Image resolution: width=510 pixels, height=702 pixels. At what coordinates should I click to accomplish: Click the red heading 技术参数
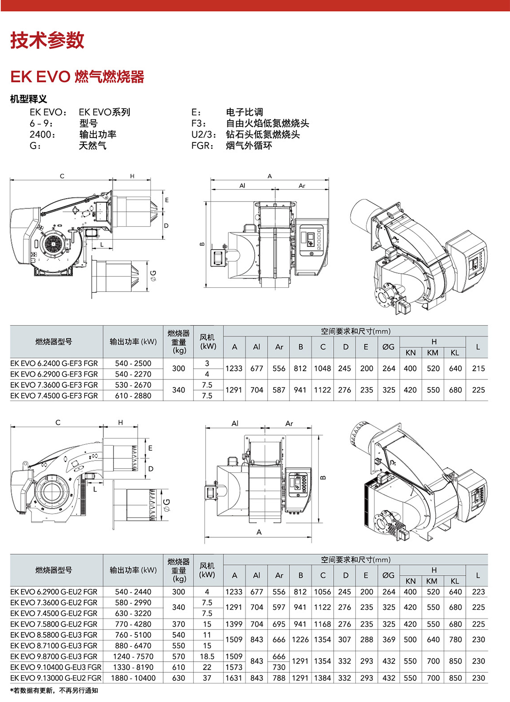[x=47, y=40]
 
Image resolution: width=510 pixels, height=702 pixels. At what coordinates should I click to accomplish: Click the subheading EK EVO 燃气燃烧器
[x=77, y=77]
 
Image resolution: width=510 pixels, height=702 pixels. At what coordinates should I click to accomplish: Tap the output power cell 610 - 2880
[x=133, y=396]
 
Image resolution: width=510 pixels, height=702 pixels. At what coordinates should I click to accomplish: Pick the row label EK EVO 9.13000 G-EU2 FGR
[x=56, y=678]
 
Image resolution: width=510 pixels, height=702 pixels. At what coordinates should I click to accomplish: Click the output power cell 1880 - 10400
[x=133, y=678]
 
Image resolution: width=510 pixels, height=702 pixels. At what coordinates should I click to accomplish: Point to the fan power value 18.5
[x=207, y=657]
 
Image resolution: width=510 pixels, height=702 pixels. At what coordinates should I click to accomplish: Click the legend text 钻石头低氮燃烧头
[x=263, y=135]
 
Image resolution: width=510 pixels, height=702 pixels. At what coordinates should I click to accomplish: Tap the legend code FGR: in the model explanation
[x=203, y=146]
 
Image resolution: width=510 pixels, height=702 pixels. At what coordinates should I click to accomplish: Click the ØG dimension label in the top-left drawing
[x=153, y=275]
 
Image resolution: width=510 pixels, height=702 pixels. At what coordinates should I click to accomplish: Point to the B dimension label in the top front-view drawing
[x=202, y=244]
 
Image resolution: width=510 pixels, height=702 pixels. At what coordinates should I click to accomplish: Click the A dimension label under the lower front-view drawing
[x=259, y=532]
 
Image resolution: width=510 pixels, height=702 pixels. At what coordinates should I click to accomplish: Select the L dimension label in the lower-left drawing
[x=95, y=489]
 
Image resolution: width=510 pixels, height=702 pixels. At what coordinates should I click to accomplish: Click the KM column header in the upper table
[x=433, y=353]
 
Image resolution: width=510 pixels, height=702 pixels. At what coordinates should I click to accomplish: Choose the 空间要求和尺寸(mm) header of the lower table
[x=355, y=560]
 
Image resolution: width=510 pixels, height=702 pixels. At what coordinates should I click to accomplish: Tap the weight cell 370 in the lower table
[x=178, y=624]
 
